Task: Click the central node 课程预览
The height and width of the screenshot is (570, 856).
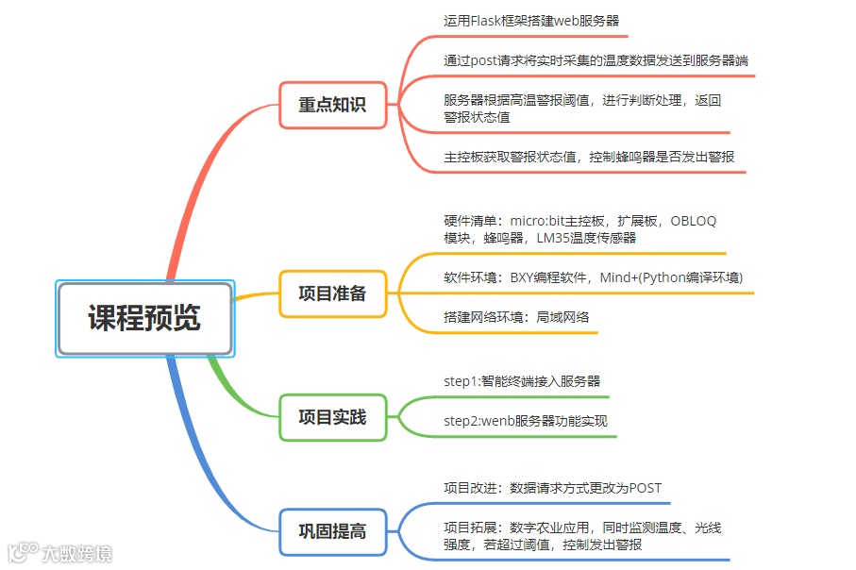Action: (x=144, y=318)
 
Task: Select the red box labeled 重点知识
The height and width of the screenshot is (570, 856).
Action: (x=332, y=105)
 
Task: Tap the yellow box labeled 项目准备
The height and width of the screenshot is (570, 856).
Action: (x=332, y=293)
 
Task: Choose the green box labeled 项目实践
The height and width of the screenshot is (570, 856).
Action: (x=332, y=417)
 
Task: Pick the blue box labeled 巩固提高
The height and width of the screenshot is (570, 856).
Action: (x=332, y=531)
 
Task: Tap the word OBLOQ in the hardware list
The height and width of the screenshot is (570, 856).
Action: (x=694, y=221)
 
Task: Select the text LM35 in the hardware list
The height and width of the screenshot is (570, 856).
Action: (x=553, y=238)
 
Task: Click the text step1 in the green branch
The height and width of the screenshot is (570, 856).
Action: (x=461, y=381)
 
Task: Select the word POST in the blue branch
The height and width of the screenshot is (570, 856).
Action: (x=645, y=488)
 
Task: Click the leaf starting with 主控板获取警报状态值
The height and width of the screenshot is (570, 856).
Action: (x=589, y=157)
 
